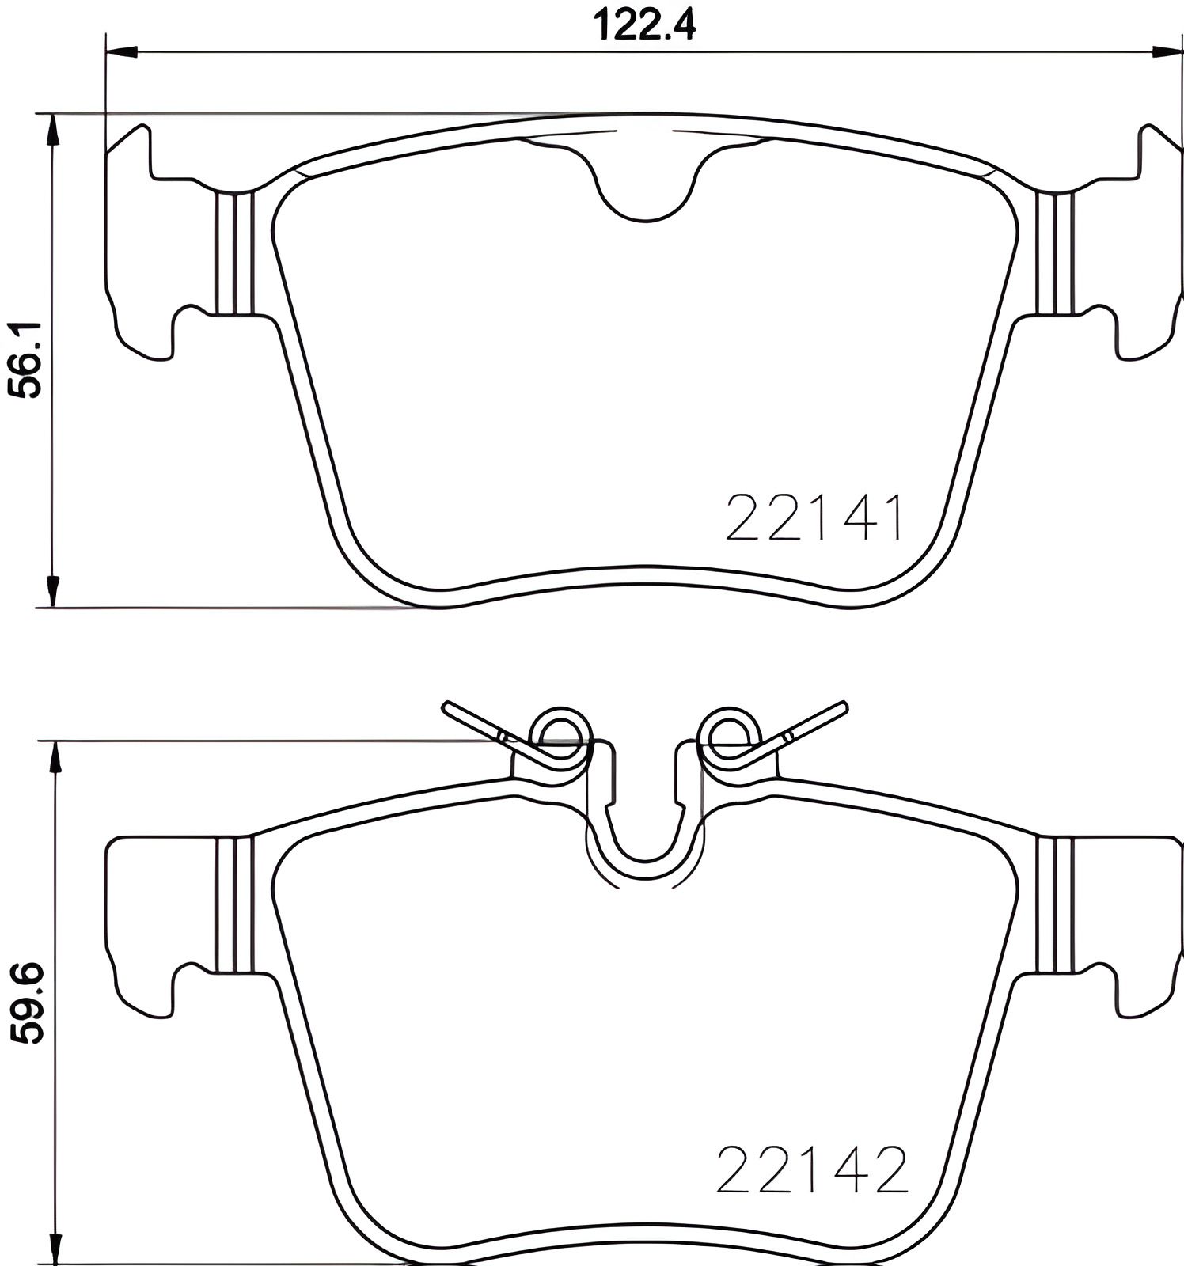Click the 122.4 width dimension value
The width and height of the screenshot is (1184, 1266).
[x=644, y=25]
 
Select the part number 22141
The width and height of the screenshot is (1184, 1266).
[x=814, y=518]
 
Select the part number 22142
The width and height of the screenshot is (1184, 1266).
[x=811, y=1171]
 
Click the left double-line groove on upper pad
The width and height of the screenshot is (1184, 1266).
[x=234, y=253]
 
